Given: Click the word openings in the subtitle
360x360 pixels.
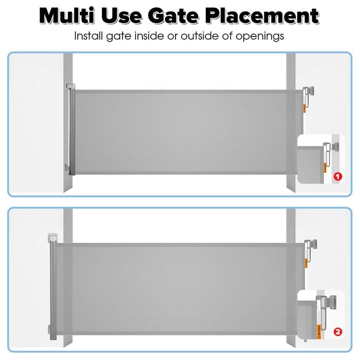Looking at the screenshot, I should pos(260,37).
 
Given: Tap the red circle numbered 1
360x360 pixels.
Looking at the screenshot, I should pos(338,176).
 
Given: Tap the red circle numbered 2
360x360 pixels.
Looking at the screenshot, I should pos(338,332).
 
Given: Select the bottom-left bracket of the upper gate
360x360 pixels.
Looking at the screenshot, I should pos(67,168).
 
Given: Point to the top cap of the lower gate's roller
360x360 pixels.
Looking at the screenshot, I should pos(51,238).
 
